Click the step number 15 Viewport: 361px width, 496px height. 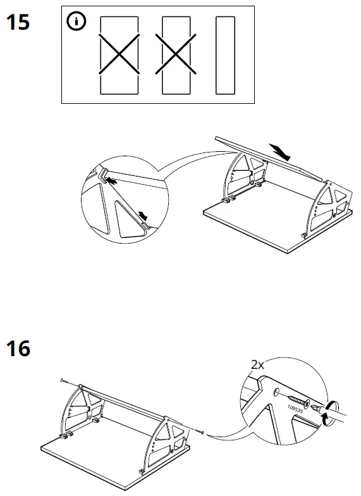point(18,23)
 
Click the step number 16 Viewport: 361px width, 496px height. point(18,347)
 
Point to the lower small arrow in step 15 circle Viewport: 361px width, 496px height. point(145,216)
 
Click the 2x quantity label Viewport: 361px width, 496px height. point(257,365)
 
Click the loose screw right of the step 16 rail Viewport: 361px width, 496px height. point(201,431)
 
